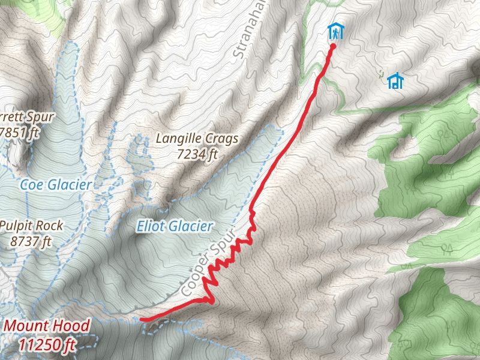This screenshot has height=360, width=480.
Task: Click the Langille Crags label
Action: (197, 139)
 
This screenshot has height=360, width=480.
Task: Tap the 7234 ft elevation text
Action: (197, 154)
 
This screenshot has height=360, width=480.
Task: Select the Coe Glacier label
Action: (55, 185)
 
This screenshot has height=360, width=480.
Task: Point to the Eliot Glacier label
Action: (175, 226)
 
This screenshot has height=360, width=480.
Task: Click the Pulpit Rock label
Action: (31, 226)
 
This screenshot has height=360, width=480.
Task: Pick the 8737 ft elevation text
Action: (31, 241)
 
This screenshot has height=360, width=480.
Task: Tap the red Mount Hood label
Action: (47, 326)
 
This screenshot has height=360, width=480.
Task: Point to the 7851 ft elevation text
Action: (17, 131)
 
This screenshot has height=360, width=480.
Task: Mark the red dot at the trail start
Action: (332, 45)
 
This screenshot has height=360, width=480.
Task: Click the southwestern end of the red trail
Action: (142, 320)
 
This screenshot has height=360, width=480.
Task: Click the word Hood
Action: (70, 326)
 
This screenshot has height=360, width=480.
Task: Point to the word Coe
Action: (32, 185)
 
